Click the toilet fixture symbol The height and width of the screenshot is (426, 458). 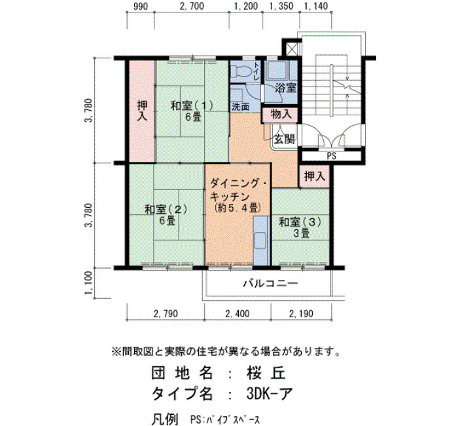tap(241, 71)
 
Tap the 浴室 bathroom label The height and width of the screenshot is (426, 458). tap(286, 87)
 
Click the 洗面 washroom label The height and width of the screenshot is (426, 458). tap(240, 107)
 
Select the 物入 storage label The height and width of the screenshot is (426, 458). tap(281, 114)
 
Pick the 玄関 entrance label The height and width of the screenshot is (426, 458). tap(283, 140)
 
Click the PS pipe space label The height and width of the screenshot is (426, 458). tap(332, 156)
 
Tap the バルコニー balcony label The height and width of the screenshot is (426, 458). tap(271, 283)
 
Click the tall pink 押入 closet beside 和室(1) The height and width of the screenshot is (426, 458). tap(142, 111)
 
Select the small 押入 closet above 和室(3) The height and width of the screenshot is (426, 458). tap(314, 176)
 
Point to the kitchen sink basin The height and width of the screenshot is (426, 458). tap(260, 241)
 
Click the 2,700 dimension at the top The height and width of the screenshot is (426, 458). tap(192, 6)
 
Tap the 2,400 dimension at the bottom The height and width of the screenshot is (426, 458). tap(238, 314)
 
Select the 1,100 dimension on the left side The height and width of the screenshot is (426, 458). tap(89, 283)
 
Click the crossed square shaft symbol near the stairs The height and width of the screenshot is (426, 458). tap(292, 48)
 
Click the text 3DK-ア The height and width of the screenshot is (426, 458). tap(270, 393)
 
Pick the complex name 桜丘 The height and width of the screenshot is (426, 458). tap(266, 374)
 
